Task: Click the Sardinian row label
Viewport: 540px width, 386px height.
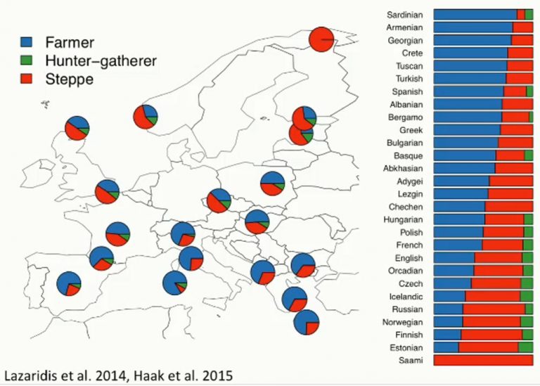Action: click(405, 15)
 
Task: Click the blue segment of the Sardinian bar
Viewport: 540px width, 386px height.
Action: click(475, 15)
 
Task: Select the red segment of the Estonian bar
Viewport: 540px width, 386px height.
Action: click(489, 347)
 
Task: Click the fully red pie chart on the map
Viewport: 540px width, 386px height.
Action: click(321, 39)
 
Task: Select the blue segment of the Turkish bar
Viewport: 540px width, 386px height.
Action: click(470, 79)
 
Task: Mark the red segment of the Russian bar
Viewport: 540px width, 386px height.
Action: click(494, 309)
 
